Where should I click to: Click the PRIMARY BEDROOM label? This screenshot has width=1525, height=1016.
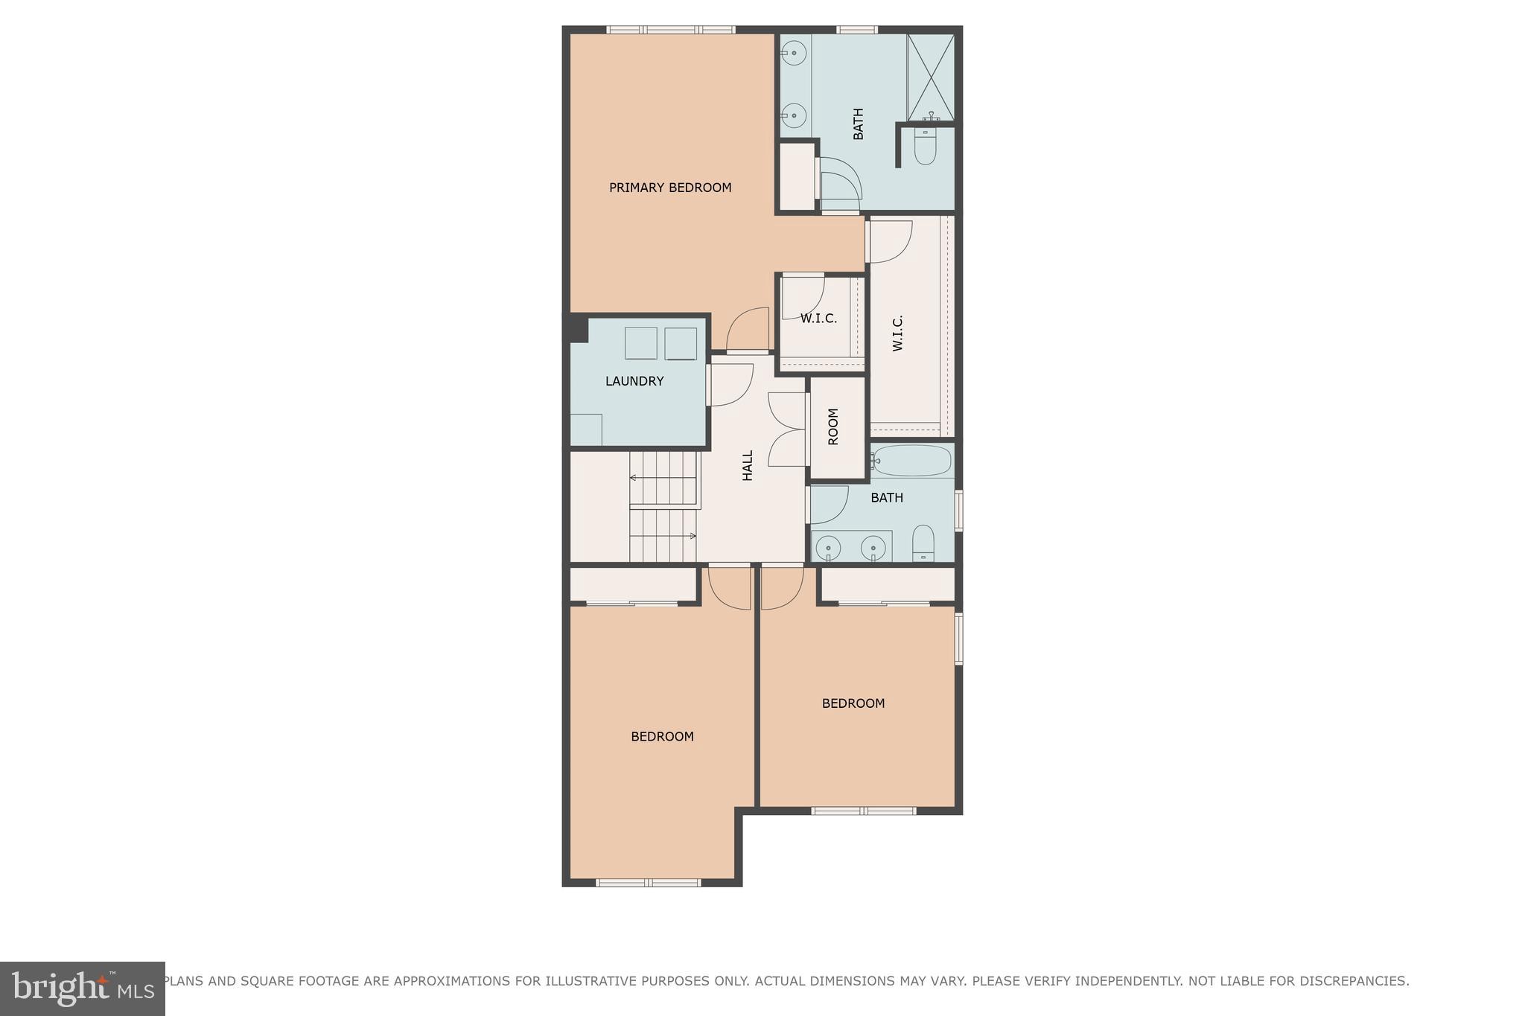670,188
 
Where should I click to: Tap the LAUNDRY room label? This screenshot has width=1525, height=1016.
634,381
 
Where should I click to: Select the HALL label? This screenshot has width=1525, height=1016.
748,465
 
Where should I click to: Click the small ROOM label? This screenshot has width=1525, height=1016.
833,426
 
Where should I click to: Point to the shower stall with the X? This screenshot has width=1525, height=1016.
930,77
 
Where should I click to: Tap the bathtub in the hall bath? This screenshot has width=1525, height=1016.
913,461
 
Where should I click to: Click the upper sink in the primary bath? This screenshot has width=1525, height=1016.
795,53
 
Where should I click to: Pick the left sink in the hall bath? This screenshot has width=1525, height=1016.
828,549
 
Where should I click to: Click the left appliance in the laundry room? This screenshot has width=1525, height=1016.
640,343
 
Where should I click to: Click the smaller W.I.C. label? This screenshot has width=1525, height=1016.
818,319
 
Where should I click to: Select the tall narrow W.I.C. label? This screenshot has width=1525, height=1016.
897,333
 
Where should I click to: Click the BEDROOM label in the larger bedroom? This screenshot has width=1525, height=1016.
662,737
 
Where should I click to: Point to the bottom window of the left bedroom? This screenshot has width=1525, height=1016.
648,883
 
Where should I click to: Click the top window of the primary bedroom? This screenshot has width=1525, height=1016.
670,30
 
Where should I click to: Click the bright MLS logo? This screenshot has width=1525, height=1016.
82,988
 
